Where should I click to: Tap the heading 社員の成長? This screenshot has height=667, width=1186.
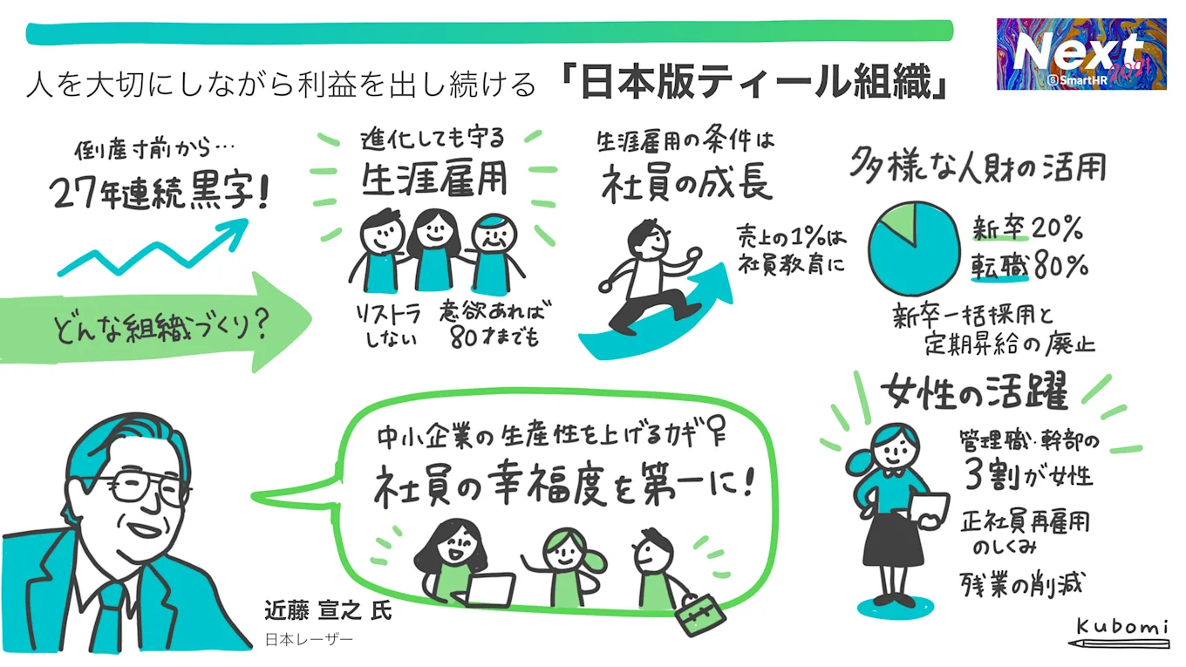687,182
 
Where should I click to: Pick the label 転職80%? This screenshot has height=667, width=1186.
1029,267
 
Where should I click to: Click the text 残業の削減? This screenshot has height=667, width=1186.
1020,582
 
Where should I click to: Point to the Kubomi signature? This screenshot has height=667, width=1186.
1118,629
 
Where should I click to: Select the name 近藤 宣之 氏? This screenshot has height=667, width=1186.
329,609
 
